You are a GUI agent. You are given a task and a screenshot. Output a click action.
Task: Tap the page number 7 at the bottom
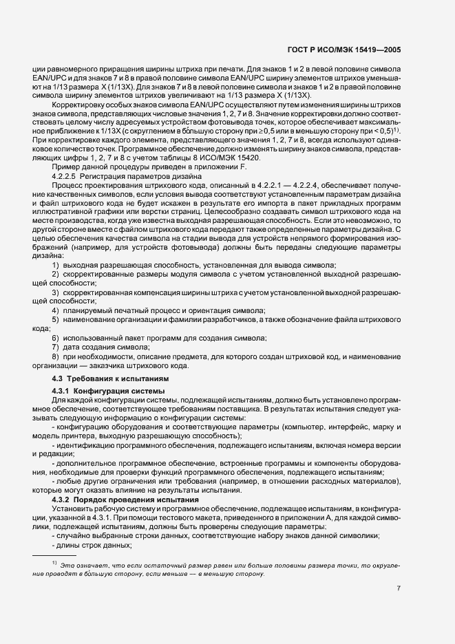pos(399,588)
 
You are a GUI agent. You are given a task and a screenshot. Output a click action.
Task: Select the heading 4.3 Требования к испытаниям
pos(109,379)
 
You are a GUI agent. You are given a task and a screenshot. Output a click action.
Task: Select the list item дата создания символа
pos(107,348)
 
